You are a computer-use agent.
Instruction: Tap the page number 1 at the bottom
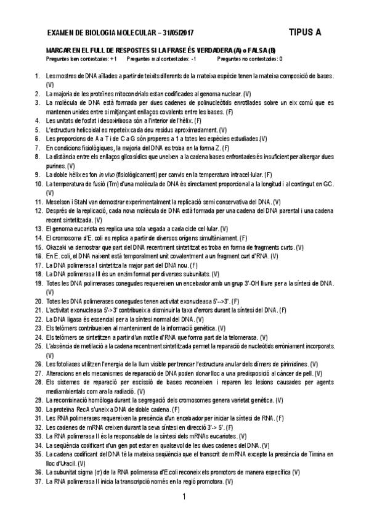coord(184,496)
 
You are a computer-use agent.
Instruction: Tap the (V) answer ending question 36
coord(296,472)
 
